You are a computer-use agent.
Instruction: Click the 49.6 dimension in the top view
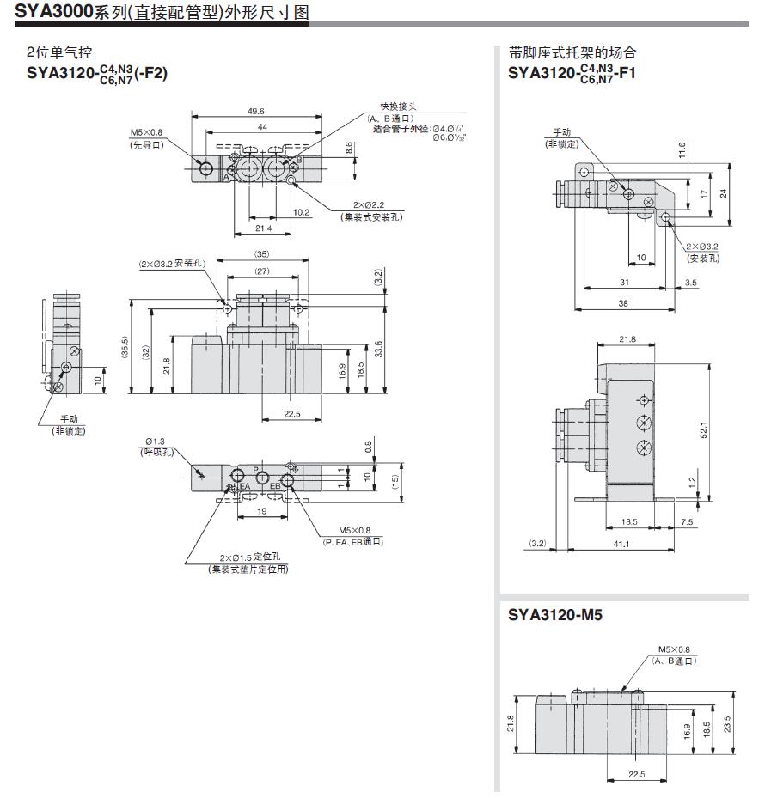point(255,111)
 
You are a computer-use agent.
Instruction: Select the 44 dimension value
point(261,126)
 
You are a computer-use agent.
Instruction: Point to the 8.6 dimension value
point(349,147)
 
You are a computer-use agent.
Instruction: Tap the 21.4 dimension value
point(263,228)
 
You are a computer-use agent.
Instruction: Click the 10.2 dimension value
point(301,212)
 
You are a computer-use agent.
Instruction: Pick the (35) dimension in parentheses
point(262,253)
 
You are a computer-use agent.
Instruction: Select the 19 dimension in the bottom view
point(262,510)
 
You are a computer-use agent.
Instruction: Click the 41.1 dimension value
point(621,543)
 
